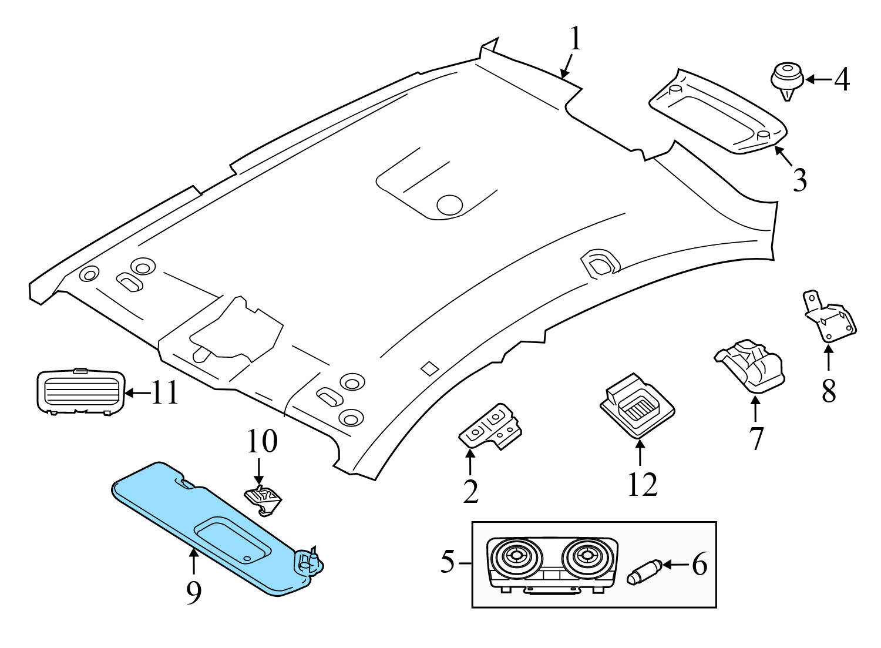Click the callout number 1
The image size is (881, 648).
pyautogui.click(x=575, y=40)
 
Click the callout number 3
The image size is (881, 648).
pyautogui.click(x=799, y=180)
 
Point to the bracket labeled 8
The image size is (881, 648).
pyautogui.click(x=829, y=317)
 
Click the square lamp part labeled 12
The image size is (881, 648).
pyautogui.click(x=636, y=405)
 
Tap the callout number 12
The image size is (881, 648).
pyautogui.click(x=642, y=484)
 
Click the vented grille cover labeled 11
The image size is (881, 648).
pyautogui.click(x=80, y=391)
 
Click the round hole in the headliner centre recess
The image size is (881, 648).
pyautogui.click(x=450, y=204)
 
